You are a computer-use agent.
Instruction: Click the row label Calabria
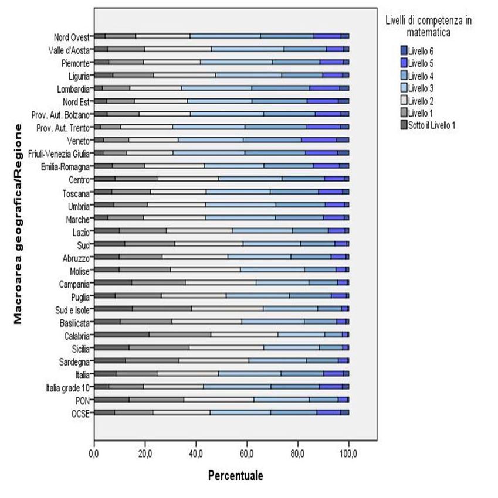(x=77, y=336)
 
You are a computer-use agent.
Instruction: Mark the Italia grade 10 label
(x=67, y=387)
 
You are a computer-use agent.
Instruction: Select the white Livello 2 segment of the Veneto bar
(x=153, y=139)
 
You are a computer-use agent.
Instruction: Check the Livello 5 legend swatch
(x=404, y=63)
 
